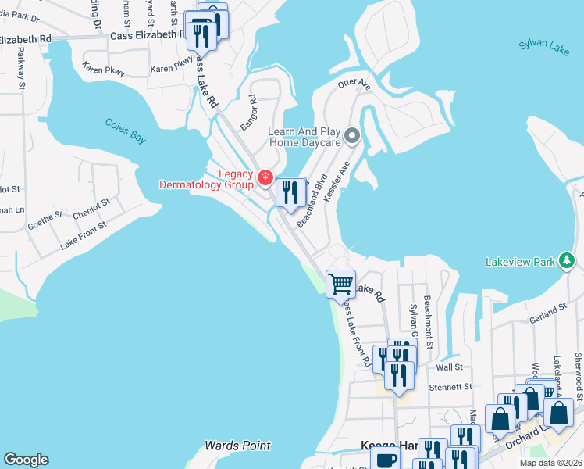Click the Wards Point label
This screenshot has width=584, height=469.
click(237, 446)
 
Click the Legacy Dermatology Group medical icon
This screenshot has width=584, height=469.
click(265, 179)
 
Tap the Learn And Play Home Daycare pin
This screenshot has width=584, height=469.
click(352, 138)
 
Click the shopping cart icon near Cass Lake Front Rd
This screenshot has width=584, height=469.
click(340, 284)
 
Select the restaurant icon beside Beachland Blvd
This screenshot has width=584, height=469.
click(290, 192)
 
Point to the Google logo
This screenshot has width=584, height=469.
click(26, 460)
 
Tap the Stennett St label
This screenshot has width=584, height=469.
click(452, 386)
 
